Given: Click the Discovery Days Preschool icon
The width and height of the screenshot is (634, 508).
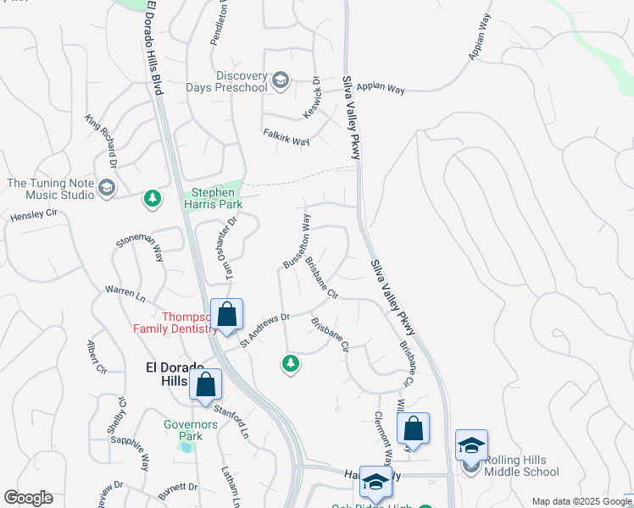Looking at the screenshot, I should (x=281, y=81).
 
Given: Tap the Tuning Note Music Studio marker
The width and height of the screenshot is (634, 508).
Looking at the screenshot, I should (x=107, y=188).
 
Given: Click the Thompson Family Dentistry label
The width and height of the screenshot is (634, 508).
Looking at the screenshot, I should (x=175, y=322).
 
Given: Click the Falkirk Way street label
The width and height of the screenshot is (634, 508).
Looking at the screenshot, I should (x=286, y=137).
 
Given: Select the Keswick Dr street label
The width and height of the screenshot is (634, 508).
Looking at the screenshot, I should (x=311, y=98).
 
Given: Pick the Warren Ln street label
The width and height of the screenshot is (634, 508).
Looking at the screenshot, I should (x=125, y=294).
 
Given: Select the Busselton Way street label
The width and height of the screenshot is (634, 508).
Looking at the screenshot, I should (x=298, y=241).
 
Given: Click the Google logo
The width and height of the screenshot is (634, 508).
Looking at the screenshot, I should (x=28, y=498).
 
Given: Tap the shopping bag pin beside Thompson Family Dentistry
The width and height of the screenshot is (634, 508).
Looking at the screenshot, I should (x=227, y=315).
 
